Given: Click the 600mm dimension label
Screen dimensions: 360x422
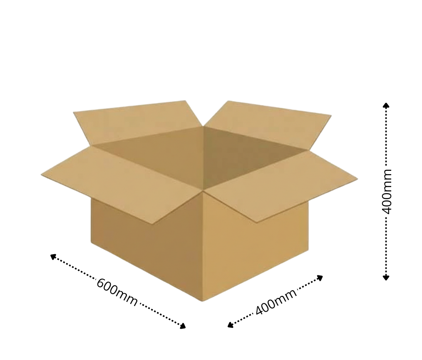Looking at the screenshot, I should click(x=117, y=292).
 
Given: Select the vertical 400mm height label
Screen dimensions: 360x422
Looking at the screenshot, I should click(x=387, y=191).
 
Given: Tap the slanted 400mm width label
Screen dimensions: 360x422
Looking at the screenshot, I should click(x=276, y=301).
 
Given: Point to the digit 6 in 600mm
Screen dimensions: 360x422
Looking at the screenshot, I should click(x=101, y=284).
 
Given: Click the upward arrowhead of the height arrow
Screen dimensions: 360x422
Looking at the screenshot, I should click(x=386, y=105).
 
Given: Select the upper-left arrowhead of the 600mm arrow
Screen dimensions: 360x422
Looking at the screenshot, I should click(x=53, y=256).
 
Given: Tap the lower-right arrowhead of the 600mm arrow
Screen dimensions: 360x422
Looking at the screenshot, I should click(x=183, y=326).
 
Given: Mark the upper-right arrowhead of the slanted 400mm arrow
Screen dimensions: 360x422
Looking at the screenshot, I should click(x=320, y=277).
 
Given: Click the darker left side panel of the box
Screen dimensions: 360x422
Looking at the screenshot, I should click(x=146, y=246).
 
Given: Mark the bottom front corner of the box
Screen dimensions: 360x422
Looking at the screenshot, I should click(x=203, y=300).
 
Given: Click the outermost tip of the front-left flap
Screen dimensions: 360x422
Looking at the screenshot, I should click(x=42, y=175).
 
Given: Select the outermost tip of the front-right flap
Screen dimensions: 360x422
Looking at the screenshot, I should click(x=357, y=180).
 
